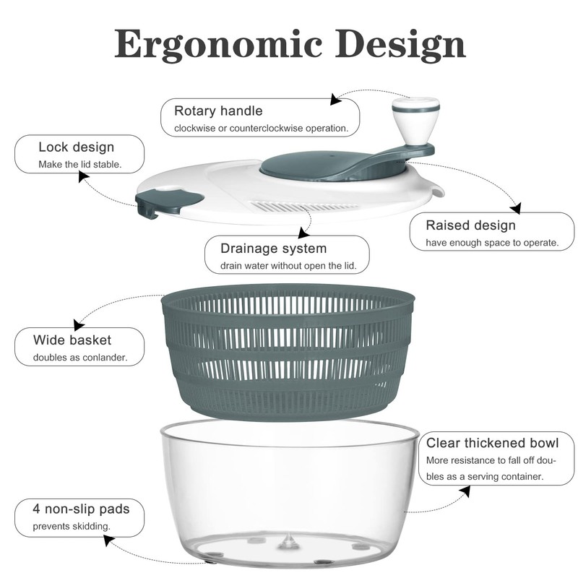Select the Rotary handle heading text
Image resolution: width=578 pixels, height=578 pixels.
218,111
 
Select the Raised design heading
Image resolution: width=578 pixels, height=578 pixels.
470,225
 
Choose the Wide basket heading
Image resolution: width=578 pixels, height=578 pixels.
72,340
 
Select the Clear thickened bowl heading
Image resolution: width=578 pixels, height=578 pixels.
491,443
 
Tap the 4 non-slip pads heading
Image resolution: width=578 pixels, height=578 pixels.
81,509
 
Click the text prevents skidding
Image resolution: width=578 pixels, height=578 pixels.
72,527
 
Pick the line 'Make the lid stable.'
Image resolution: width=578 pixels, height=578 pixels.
79,165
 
